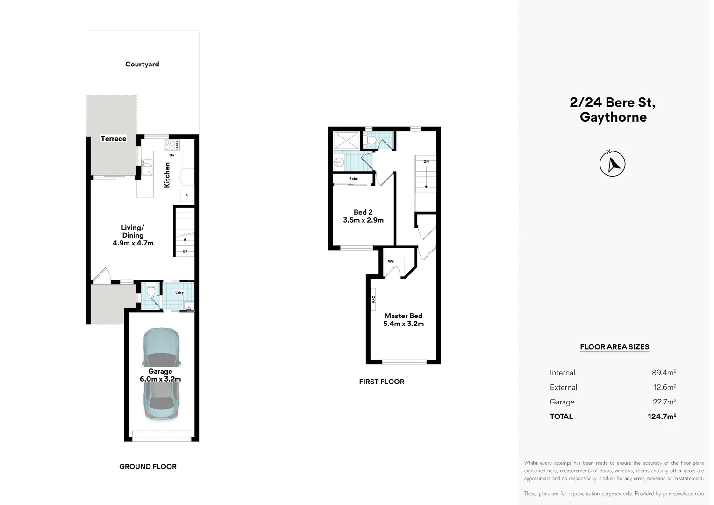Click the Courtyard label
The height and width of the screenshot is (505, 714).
coord(142,65)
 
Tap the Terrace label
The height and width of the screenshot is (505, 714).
coord(114,139)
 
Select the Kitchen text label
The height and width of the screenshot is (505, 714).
coord(167,175)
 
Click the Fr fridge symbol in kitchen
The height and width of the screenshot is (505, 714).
coord(187,195)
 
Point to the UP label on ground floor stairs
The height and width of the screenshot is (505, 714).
coord(185,252)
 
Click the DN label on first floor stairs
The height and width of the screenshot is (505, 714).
coord(426,162)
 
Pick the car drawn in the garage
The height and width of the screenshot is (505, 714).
coord(161,374)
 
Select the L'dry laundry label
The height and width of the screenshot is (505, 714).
coord(179,293)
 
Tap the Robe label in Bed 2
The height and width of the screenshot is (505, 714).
coord(353,179)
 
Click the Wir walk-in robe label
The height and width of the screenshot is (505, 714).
coord(391,261)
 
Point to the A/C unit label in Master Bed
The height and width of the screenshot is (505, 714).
coord(374,299)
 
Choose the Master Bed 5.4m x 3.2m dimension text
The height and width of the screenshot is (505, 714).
coord(403,324)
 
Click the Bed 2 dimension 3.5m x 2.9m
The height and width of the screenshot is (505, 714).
coord(363,220)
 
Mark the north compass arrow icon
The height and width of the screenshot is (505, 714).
coord(612,164)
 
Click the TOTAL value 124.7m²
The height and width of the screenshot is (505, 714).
coord(662,417)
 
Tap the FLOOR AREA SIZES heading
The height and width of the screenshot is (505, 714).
coord(614,347)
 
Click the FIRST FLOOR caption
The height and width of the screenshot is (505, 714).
coord(382,382)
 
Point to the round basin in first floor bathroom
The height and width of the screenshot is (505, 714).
coord(339,163)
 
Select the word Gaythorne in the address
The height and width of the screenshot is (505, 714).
coord(613,117)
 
